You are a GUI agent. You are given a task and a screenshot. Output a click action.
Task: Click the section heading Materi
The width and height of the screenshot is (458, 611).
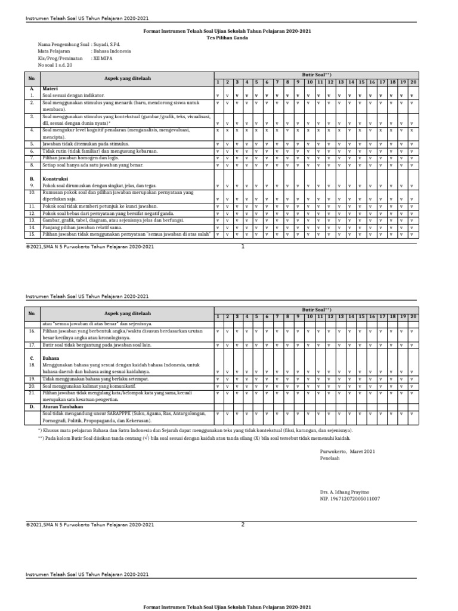[x=50, y=88]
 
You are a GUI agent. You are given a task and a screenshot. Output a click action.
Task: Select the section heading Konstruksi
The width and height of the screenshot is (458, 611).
[x=54, y=178]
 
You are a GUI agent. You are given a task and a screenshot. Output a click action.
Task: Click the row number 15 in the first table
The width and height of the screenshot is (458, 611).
[x=32, y=234]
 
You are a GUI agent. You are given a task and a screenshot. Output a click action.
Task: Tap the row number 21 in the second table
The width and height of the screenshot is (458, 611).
[x=32, y=393]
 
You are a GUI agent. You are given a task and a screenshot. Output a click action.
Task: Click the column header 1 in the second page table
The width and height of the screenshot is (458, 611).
[x=218, y=316]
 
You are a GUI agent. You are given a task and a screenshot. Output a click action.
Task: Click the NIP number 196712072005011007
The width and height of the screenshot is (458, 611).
[x=350, y=498]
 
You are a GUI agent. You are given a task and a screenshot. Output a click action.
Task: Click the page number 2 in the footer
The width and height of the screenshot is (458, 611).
[x=243, y=524]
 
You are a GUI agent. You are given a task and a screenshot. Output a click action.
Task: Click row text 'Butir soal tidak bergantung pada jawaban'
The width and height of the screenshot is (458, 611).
[x=106, y=345]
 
